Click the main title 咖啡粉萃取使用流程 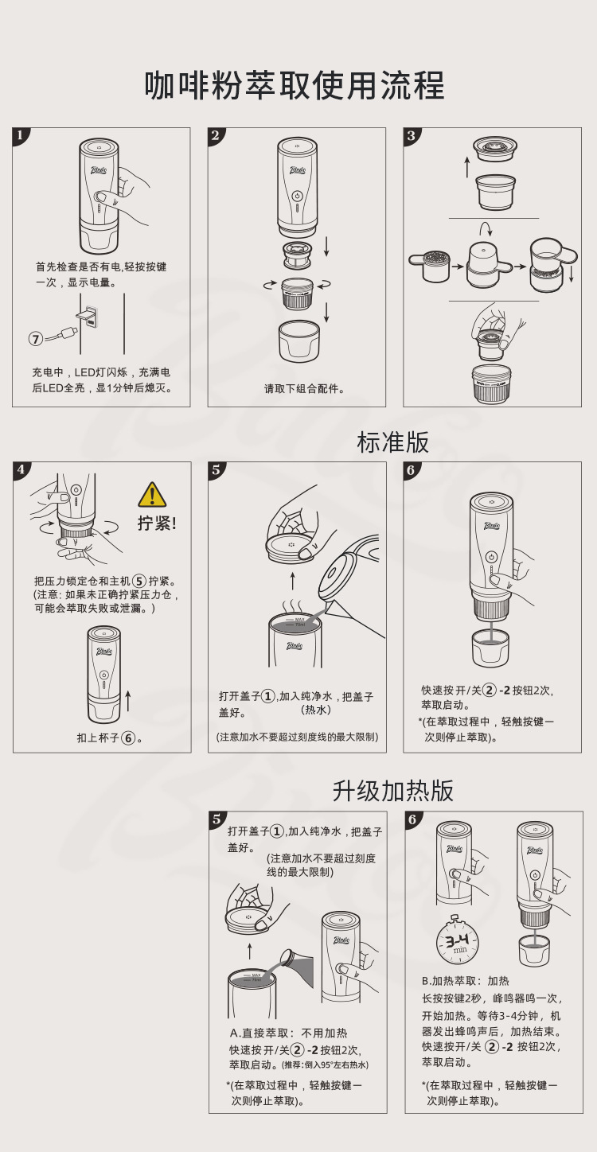tap(295, 85)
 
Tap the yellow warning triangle tap(152, 496)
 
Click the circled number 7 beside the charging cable tap(36, 339)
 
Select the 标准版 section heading tap(392, 442)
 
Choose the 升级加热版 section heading tap(392, 791)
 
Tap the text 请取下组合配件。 tap(304, 389)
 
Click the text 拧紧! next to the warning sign tap(157, 523)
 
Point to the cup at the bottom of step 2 tap(299, 341)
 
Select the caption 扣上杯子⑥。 tap(110, 738)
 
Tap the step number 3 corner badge tap(412, 136)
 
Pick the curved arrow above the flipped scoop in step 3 tap(486, 229)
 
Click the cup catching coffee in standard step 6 tap(490, 648)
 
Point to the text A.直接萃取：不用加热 tap(288, 1033)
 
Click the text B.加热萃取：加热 tap(465, 981)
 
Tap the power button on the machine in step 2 tap(297, 196)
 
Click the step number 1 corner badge tap(21, 136)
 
